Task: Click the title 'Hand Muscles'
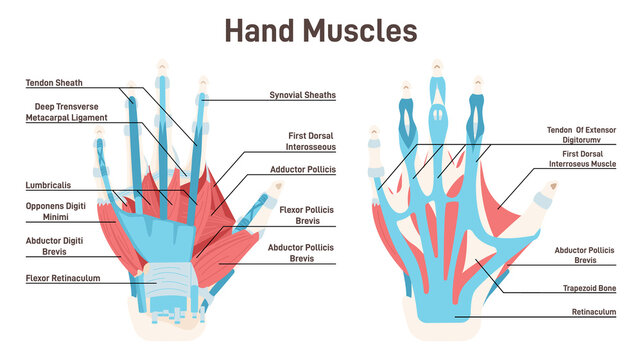click(320, 30)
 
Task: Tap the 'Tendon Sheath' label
click(54, 82)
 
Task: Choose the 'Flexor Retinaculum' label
click(62, 279)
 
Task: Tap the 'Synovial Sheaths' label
click(302, 95)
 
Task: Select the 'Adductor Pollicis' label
click(301, 169)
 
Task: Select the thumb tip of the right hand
click(550, 187)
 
